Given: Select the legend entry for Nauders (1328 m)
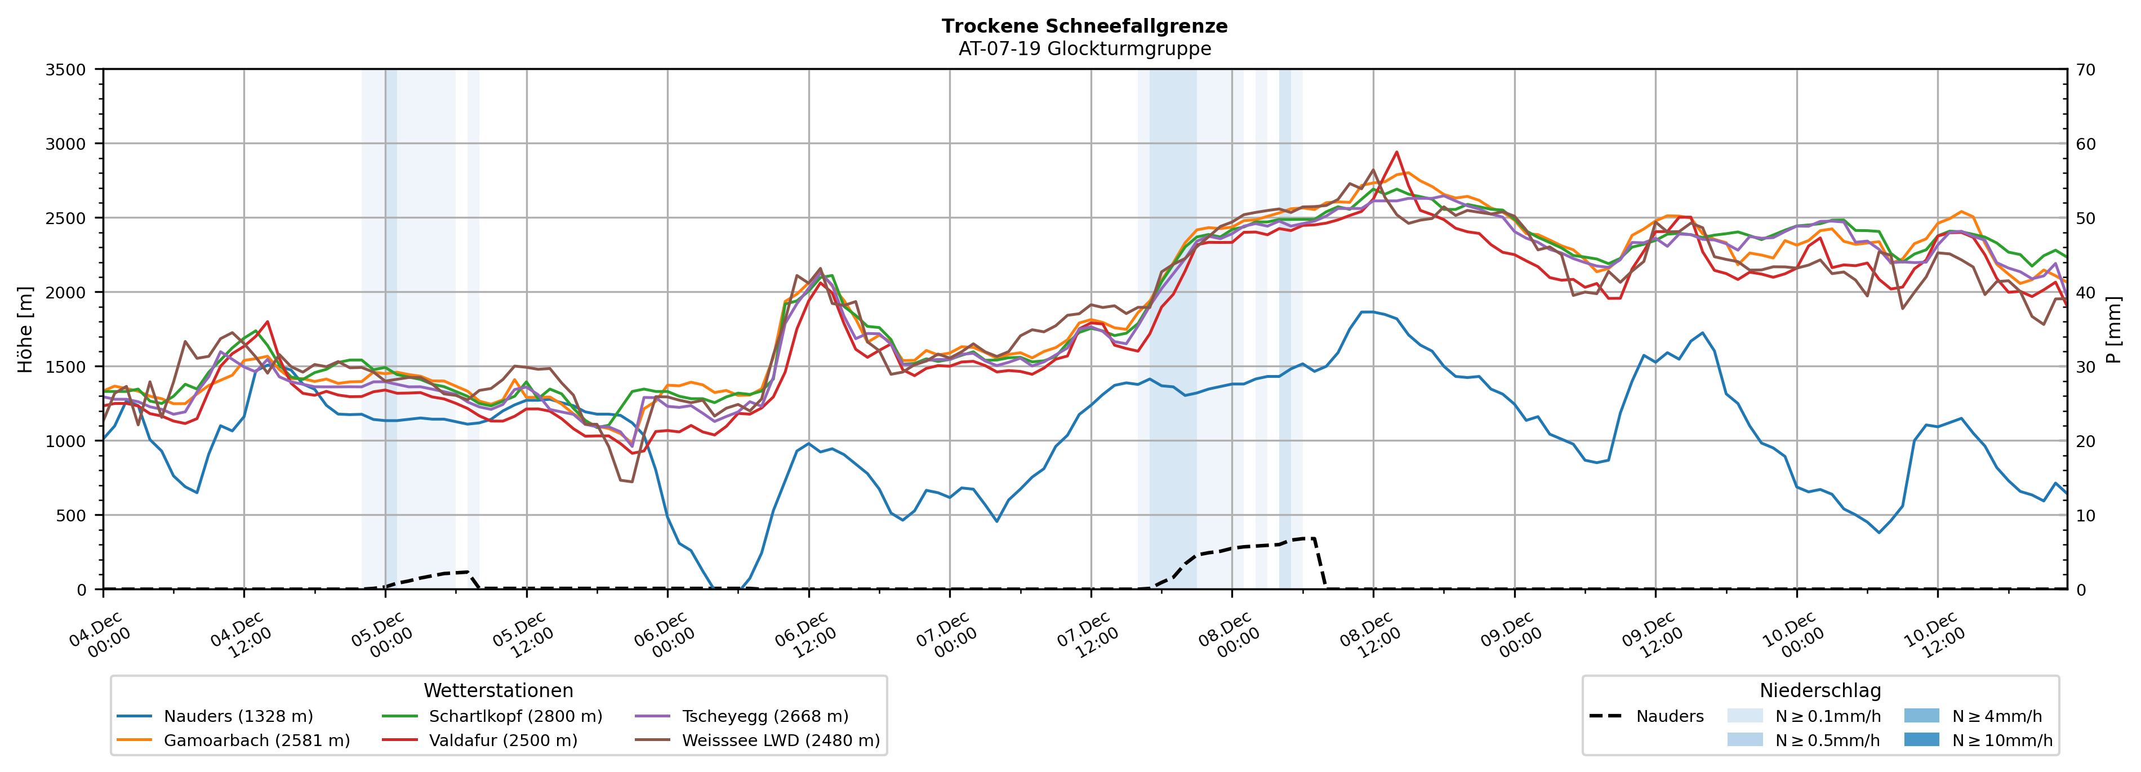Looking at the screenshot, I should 238,716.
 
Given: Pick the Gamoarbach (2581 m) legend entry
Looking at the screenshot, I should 256,740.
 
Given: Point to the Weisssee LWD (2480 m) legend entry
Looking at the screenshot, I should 781,740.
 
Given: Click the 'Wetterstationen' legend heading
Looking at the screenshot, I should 498,690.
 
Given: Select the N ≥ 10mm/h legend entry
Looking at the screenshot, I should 2001,740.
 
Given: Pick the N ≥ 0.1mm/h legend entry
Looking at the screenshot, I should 1827,716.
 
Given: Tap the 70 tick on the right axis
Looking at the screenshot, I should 2085,70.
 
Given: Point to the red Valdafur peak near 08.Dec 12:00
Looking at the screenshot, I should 1396,152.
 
